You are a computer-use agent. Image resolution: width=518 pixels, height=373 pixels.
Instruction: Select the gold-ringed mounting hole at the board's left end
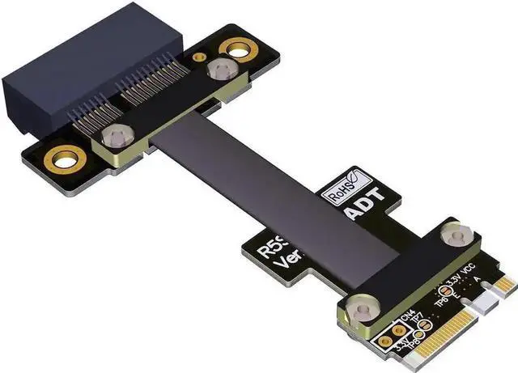click(62, 159)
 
